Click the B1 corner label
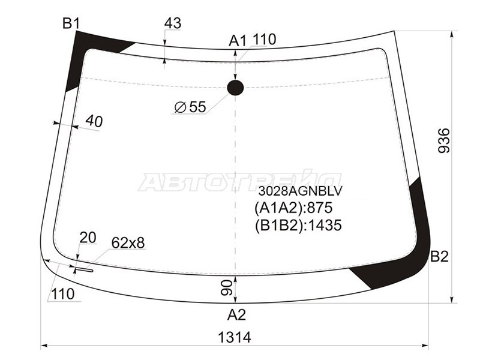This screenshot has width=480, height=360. click(71, 23)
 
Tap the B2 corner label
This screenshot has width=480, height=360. click(439, 257)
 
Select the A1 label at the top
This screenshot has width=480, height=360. click(237, 41)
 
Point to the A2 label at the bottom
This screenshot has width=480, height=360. click(236, 314)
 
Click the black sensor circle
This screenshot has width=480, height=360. click(235, 88)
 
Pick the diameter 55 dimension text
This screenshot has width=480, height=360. click(190, 107)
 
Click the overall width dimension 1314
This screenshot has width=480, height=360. click(234, 338)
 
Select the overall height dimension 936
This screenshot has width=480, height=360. click(444, 140)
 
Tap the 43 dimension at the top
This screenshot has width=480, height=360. click(173, 23)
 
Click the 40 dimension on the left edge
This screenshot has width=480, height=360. click(94, 121)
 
